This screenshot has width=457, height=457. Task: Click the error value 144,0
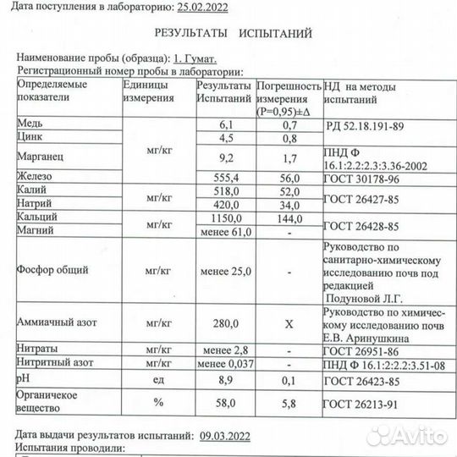[x=289, y=217]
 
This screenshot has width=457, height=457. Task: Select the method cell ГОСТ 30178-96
[x=358, y=177]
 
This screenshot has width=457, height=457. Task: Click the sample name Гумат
[x=199, y=61]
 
